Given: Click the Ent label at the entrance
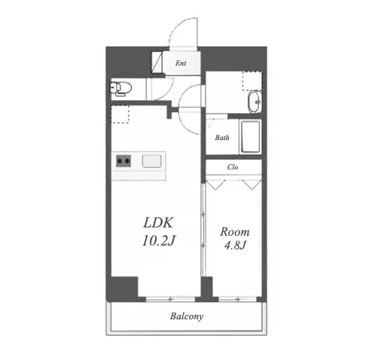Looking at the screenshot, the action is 181,63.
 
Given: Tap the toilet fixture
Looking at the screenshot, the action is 121,89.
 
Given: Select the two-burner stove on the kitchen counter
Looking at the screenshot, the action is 123,160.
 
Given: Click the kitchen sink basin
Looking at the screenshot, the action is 152,160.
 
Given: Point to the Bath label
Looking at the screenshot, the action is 222,137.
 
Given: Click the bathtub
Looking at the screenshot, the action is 250,137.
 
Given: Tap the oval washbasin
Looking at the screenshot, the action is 255,102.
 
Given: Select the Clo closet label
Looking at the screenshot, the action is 233,167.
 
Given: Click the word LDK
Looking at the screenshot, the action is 158,222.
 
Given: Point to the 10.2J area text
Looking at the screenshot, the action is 158,240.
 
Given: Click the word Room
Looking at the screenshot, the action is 235,232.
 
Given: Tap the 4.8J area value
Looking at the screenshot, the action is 235,245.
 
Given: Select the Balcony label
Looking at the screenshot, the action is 187,316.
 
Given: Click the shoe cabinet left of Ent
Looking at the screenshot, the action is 157,62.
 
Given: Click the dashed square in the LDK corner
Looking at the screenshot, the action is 120,114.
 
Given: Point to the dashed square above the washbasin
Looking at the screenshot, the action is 252,81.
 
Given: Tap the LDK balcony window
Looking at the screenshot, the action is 170,299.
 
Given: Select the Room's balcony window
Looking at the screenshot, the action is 238,299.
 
